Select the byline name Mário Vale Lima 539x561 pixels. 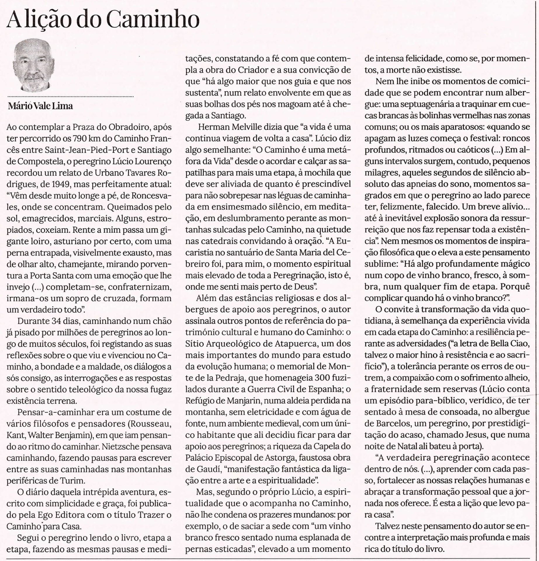[x=41, y=106]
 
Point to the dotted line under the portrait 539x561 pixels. [x=70, y=96]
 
